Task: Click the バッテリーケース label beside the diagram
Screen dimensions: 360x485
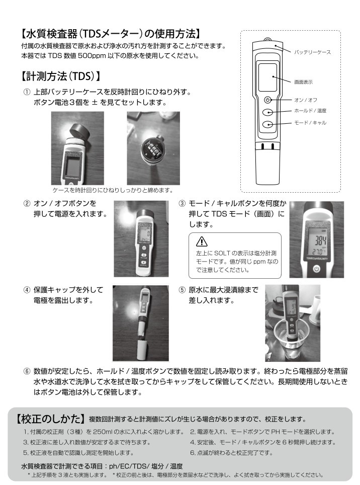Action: point(312,52)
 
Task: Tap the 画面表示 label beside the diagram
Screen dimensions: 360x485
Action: point(303,82)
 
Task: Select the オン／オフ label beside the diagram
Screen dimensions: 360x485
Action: point(306,100)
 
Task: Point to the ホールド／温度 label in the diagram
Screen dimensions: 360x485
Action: point(310,111)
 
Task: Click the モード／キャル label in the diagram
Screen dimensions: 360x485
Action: point(310,123)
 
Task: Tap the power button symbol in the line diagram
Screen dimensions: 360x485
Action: point(267,100)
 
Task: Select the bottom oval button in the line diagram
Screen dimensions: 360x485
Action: point(267,124)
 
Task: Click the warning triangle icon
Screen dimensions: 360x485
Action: point(202,241)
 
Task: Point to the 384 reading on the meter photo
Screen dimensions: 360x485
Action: point(320,240)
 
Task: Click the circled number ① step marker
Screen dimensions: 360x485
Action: point(27,92)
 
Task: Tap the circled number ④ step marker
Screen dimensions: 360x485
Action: point(27,290)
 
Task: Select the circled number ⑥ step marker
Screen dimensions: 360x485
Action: point(27,371)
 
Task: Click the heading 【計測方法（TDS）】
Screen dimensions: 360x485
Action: point(60,76)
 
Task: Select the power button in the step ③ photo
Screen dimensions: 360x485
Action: point(316,269)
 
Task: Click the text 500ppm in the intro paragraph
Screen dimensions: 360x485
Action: point(91,56)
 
